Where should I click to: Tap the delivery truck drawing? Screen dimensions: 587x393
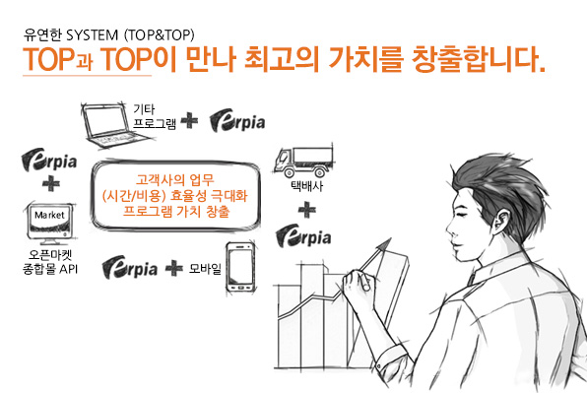303,162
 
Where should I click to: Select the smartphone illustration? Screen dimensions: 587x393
241,268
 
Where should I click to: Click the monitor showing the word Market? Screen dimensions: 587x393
51,224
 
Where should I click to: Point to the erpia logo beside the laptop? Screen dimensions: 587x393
237,121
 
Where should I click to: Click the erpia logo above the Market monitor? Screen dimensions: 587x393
49,161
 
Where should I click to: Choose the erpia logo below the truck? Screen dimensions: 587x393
303,235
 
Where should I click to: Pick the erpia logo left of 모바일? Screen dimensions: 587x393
130,267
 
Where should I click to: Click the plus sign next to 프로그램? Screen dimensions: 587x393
190,120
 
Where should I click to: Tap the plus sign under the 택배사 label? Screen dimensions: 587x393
307,210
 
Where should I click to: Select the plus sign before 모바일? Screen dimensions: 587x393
174,268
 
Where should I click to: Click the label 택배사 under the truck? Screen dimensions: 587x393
307,186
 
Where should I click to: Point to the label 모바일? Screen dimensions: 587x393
206,268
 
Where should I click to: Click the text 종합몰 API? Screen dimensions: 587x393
50,269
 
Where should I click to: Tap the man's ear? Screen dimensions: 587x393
500,221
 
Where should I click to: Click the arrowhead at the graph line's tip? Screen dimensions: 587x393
384,245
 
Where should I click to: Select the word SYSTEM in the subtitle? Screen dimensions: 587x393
93,35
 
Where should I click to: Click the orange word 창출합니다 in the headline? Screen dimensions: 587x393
478,59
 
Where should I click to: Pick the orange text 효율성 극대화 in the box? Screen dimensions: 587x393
209,195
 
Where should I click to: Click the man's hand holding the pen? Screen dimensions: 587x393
357,284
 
